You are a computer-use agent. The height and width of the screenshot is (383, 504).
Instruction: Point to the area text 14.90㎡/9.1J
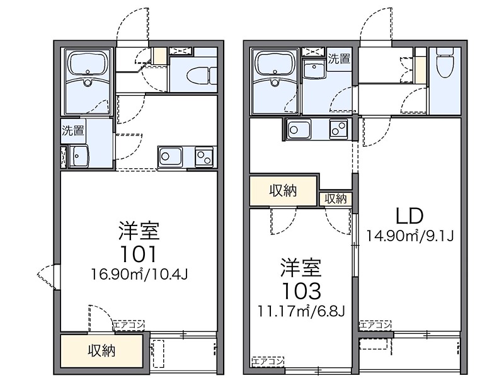click(x=411, y=236)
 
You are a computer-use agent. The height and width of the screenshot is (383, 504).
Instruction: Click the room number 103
click(x=301, y=290)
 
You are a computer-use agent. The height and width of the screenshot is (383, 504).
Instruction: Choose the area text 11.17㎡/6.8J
click(x=301, y=311)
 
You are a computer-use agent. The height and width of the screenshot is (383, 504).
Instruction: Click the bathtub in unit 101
click(x=88, y=65)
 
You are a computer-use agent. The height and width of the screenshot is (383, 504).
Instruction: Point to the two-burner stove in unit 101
click(x=204, y=156)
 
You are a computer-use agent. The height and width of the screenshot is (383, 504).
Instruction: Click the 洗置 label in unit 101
click(x=73, y=131)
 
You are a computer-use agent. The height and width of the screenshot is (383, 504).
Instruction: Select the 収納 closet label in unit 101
click(x=101, y=351)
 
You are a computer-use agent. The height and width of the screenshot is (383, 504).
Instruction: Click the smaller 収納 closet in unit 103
click(x=336, y=198)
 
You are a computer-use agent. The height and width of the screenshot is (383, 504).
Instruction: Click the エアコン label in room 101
click(x=128, y=325)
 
